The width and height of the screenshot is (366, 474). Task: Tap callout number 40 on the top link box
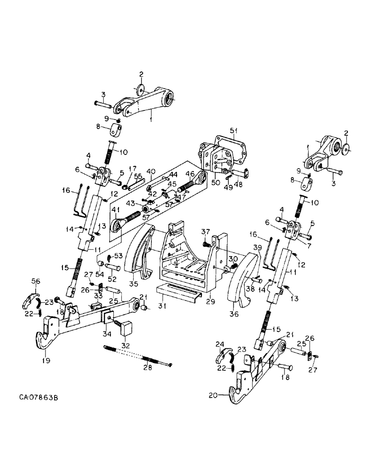tap(151, 171)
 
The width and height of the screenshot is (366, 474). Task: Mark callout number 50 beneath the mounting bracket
tap(216, 182)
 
